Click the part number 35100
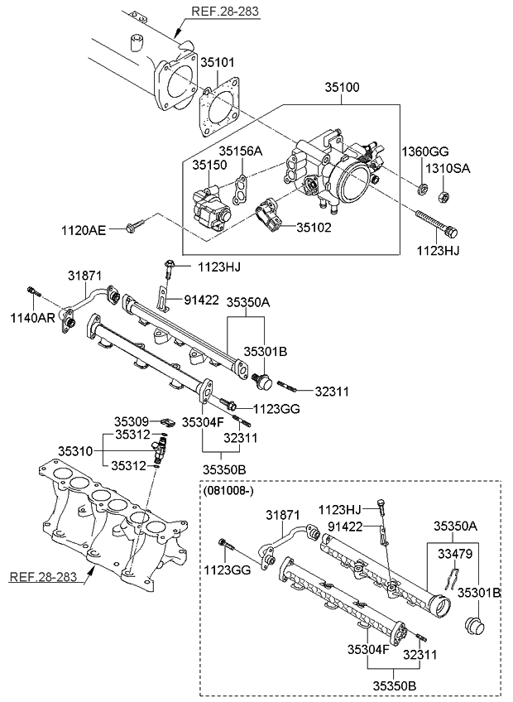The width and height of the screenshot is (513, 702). coord(342,86)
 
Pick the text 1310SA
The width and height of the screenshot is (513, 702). coord(448,168)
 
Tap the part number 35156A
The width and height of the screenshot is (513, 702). coord(240,151)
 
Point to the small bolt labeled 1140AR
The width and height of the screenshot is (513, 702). coord(33,291)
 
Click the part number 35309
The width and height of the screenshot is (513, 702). coord(131,421)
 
